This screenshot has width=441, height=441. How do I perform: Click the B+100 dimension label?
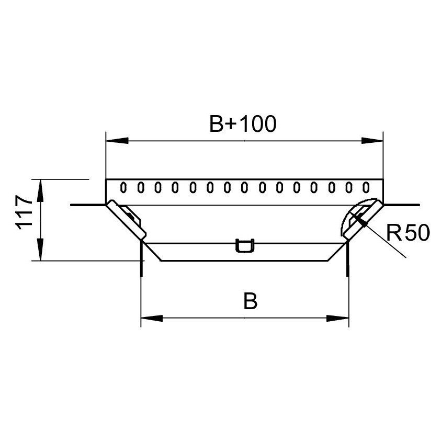[x=242, y=124]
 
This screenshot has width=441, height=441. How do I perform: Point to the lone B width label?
[x=251, y=302]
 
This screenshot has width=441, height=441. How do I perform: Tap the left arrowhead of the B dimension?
[x=152, y=318]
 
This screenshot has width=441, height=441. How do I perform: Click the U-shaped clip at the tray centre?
[x=244, y=245]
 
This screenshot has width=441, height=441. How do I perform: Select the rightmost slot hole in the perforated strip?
[x=366, y=186]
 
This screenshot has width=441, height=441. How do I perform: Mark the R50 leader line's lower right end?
[x=405, y=257]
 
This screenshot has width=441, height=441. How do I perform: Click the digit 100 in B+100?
[x=258, y=124]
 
